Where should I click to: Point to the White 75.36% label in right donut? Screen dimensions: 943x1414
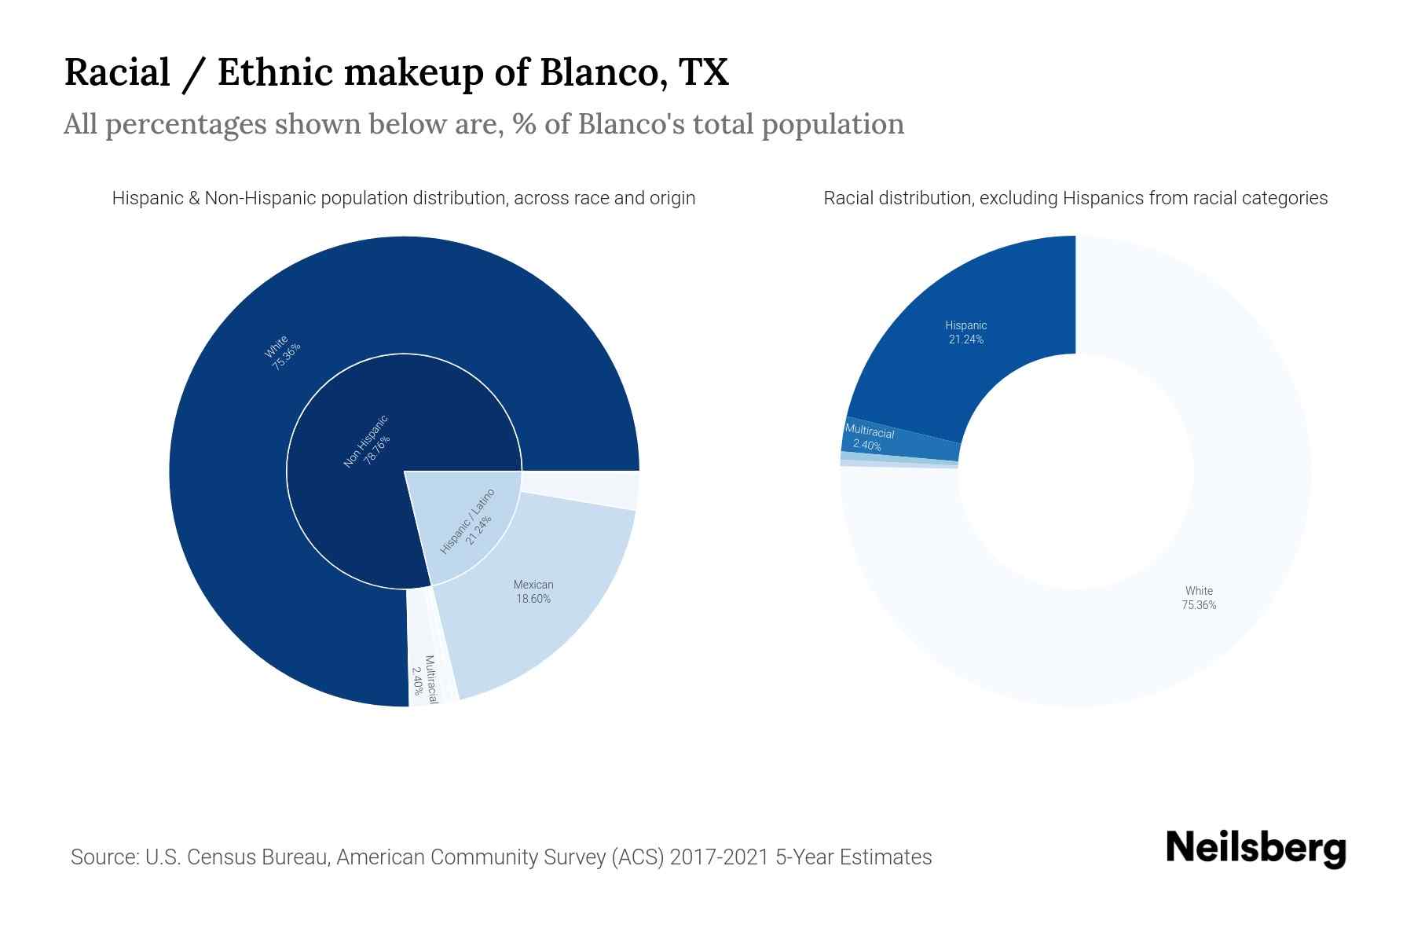[1199, 598]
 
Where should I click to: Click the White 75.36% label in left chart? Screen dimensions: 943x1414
[281, 351]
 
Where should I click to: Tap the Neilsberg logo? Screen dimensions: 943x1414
[1255, 849]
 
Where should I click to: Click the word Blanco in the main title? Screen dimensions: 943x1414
[597, 72]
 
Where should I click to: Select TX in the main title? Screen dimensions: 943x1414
[704, 72]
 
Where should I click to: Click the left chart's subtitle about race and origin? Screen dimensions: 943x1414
[403, 198]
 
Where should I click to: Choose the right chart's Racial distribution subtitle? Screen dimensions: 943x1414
[1075, 198]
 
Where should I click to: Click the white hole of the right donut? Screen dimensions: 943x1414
[1075, 472]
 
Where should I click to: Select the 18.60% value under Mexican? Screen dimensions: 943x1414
[533, 599]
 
